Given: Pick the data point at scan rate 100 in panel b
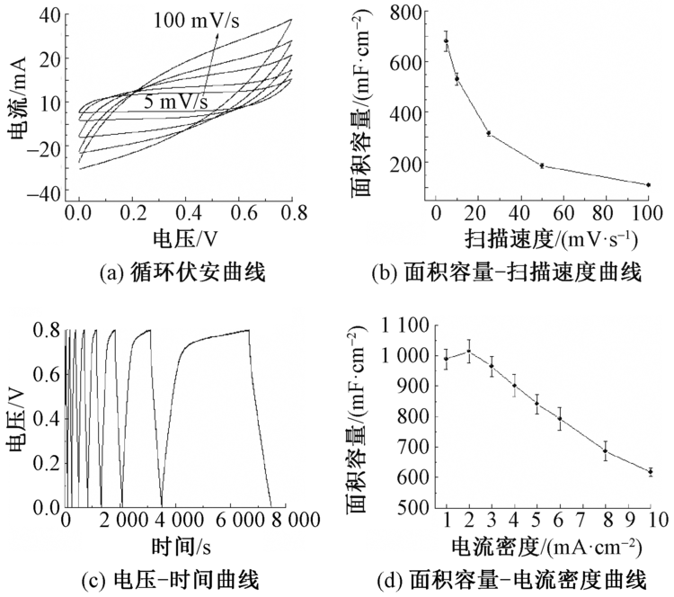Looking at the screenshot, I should click(648, 184).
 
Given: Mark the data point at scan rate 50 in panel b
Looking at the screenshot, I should click(542, 165).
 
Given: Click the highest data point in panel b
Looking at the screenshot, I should click(446, 41).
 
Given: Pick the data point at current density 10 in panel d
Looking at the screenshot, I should click(650, 471).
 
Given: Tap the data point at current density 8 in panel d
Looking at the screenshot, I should click(606, 450).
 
